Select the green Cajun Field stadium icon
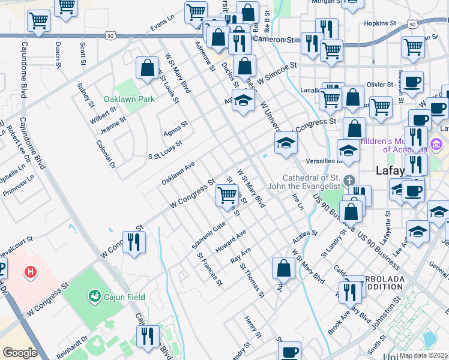click(94, 295)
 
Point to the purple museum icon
click(436, 144)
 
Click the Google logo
click(20, 353)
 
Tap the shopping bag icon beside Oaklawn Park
click(147, 68)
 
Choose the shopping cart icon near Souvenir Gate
click(227, 194)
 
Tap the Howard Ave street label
click(231, 241)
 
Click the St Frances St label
click(209, 268)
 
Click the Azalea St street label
click(305, 236)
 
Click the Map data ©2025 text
click(424, 355)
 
